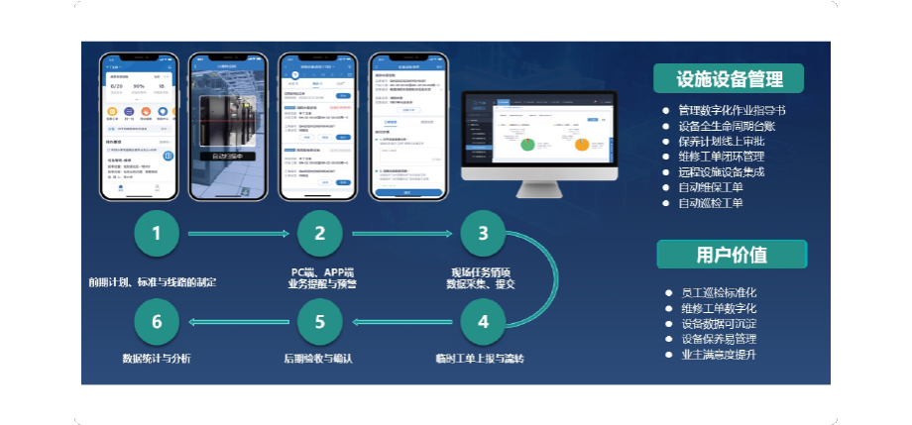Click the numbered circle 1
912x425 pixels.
(x=157, y=235)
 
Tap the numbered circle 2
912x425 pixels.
(x=320, y=235)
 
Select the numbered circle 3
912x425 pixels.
(x=483, y=235)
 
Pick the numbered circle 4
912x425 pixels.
(x=483, y=322)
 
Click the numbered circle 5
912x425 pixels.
(x=320, y=322)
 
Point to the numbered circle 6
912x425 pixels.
(x=157, y=322)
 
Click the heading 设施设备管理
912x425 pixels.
(x=730, y=79)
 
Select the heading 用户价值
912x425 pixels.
(x=732, y=255)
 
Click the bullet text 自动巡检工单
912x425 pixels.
(x=711, y=203)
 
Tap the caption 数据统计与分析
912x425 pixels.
(x=157, y=358)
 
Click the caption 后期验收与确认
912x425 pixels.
(x=319, y=358)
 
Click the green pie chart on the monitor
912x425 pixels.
(x=527, y=144)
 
